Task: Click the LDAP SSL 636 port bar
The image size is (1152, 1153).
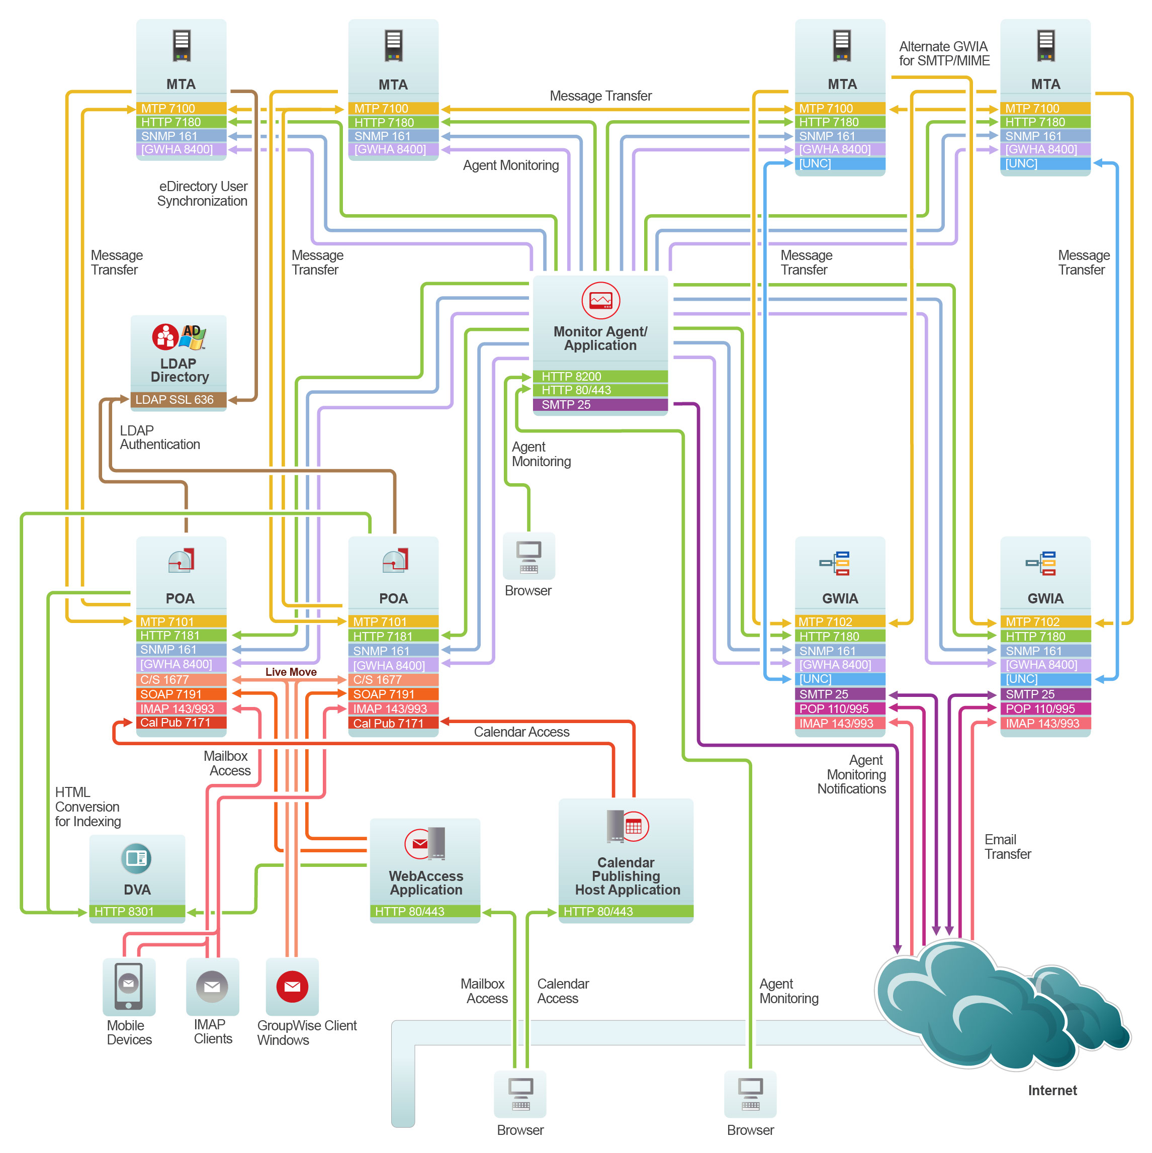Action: (178, 399)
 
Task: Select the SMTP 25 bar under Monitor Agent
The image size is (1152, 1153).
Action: (599, 405)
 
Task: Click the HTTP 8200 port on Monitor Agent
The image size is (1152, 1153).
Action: (599, 377)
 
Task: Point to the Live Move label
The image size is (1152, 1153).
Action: (291, 672)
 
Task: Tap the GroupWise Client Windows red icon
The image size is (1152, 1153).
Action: (292, 987)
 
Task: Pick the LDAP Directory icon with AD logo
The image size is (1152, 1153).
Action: (179, 337)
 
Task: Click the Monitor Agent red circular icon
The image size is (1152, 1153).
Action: (600, 300)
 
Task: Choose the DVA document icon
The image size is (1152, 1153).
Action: (136, 858)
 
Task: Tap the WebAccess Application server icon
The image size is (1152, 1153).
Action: (425, 843)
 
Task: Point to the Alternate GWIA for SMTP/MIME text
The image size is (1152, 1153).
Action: (944, 54)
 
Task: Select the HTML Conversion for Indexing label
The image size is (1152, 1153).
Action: (87, 807)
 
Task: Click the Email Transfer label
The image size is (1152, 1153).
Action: (1008, 847)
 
